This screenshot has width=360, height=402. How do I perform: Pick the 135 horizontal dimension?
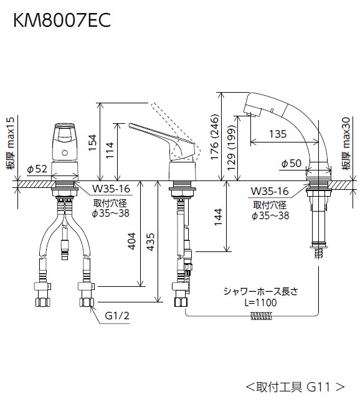pos(278,134)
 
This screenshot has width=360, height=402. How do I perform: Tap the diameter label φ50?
pos(291,164)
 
